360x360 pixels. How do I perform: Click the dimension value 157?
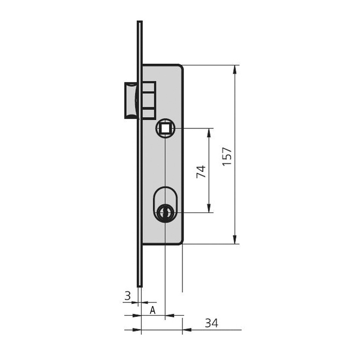click(x=227, y=156)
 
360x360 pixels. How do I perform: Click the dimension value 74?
click(x=201, y=171)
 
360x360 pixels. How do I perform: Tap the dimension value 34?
click(x=211, y=323)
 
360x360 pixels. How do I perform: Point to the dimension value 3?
click(x=127, y=296)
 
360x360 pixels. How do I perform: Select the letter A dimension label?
click(x=153, y=310)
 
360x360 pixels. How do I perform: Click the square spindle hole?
click(x=165, y=128)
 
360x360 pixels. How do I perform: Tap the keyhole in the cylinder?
click(x=165, y=212)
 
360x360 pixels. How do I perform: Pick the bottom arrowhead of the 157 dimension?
click(x=234, y=239)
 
